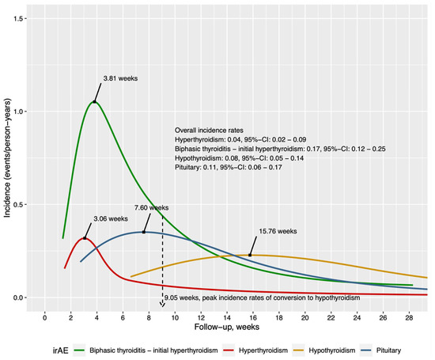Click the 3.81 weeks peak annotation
click(121, 78)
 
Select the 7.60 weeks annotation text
click(149, 207)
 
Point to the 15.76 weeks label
click(278, 231)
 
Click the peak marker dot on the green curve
click(95, 101)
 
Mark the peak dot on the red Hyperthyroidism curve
click(85, 237)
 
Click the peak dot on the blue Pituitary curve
click(143, 232)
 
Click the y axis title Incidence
click(7, 158)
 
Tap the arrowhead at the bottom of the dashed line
click(162, 303)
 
